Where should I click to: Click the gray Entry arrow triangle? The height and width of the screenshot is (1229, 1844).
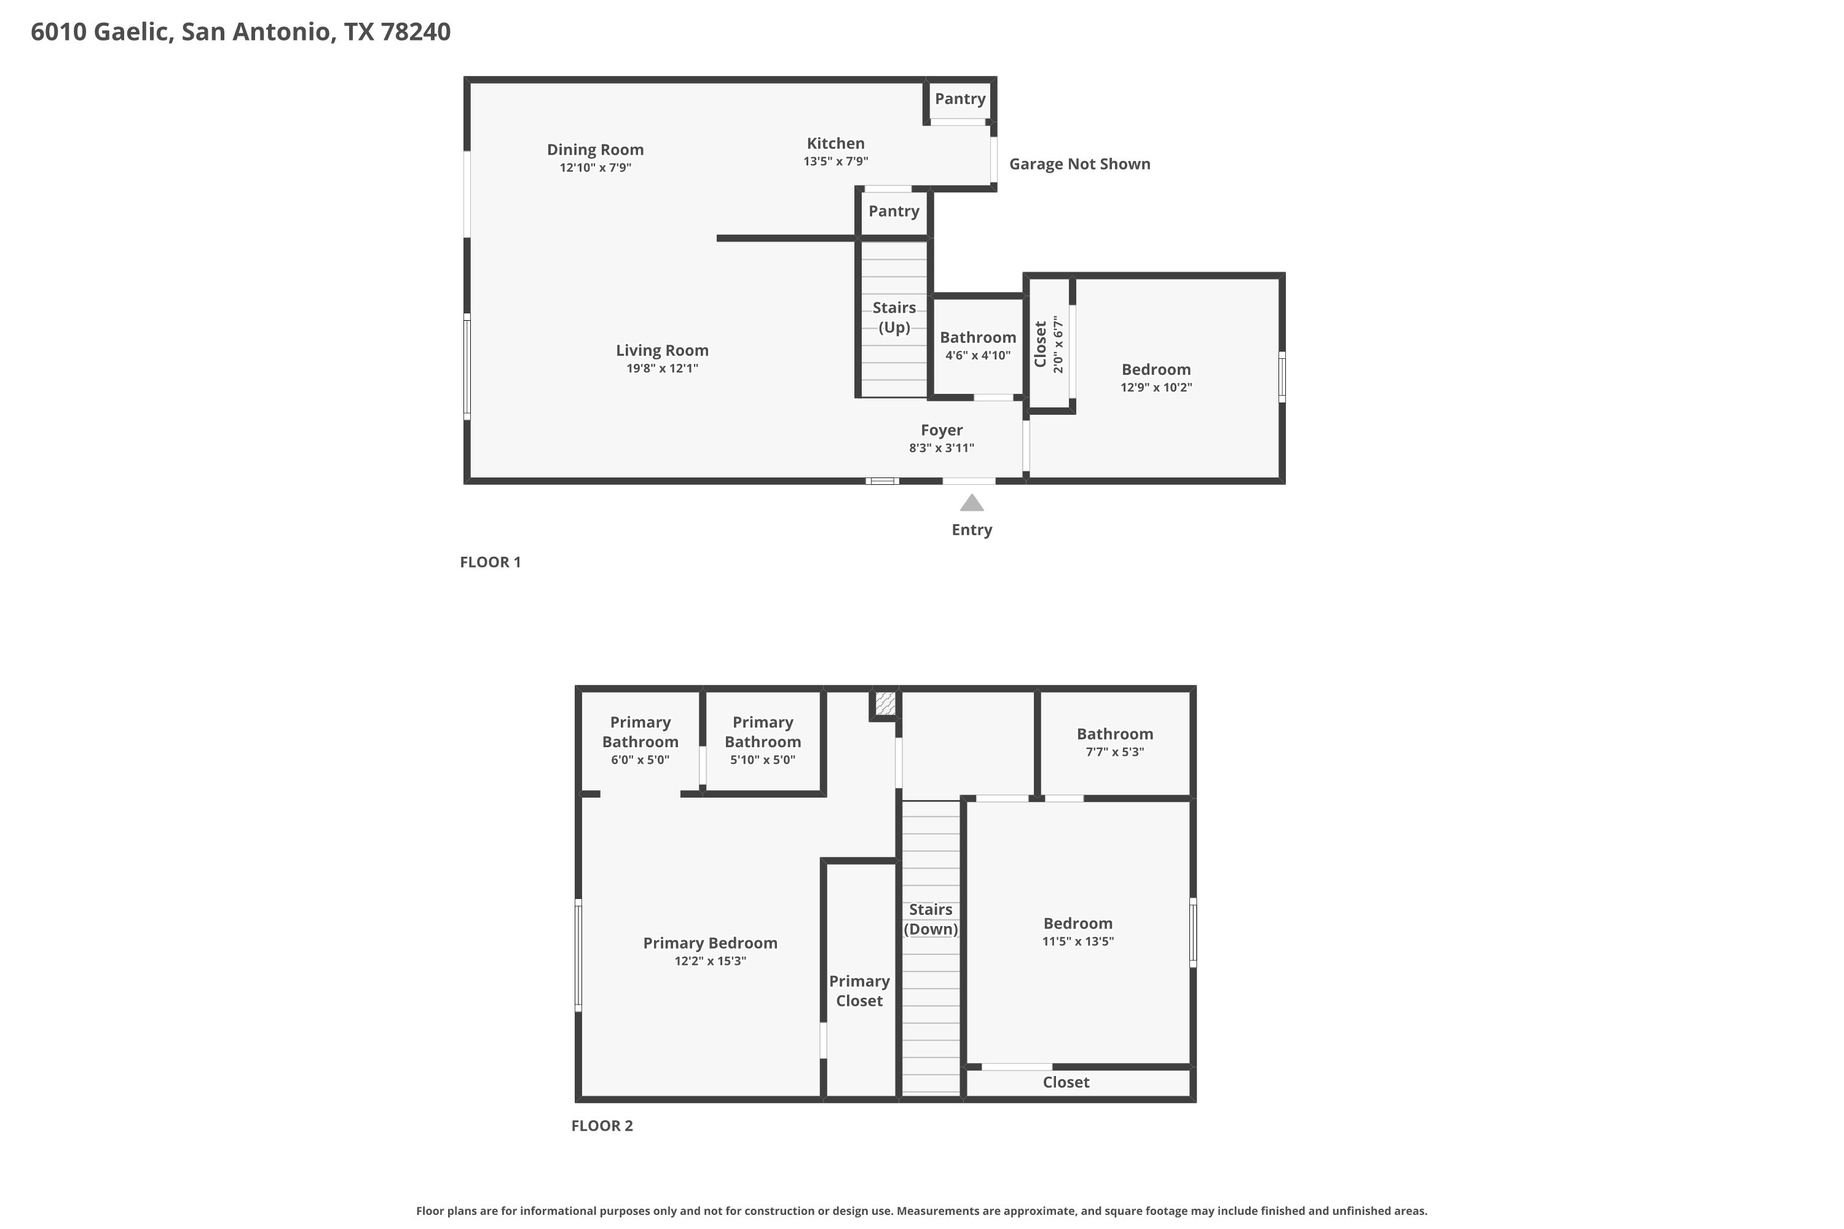pos(971,503)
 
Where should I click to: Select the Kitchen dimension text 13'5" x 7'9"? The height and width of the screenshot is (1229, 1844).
pos(836,162)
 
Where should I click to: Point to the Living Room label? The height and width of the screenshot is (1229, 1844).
pos(662,350)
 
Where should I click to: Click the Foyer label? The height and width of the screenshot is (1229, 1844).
pos(942,430)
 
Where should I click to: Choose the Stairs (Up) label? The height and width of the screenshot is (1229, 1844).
pos(894,318)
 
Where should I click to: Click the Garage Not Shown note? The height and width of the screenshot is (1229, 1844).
pos(1079,164)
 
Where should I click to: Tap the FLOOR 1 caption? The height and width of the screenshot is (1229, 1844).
pos(490,562)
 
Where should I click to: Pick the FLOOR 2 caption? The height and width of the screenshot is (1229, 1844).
pos(602,1126)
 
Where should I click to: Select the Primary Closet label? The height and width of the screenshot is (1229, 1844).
pos(859,991)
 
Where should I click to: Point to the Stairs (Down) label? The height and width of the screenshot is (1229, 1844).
pos(931,919)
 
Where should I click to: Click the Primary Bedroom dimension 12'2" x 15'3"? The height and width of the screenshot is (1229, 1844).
pos(711,961)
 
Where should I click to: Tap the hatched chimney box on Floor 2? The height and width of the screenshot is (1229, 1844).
pos(885,703)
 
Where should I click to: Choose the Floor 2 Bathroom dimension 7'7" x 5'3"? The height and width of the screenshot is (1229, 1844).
pos(1115,752)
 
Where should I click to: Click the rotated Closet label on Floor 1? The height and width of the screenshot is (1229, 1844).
pos(1041,344)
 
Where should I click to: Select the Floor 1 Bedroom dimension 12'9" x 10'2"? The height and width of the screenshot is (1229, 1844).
pos(1156,387)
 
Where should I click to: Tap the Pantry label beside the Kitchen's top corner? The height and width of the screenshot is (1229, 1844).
pos(959,99)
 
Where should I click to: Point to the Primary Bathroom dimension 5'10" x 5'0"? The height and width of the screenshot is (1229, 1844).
pos(763,760)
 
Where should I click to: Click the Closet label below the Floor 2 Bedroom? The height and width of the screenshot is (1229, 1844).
pos(1066,1082)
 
